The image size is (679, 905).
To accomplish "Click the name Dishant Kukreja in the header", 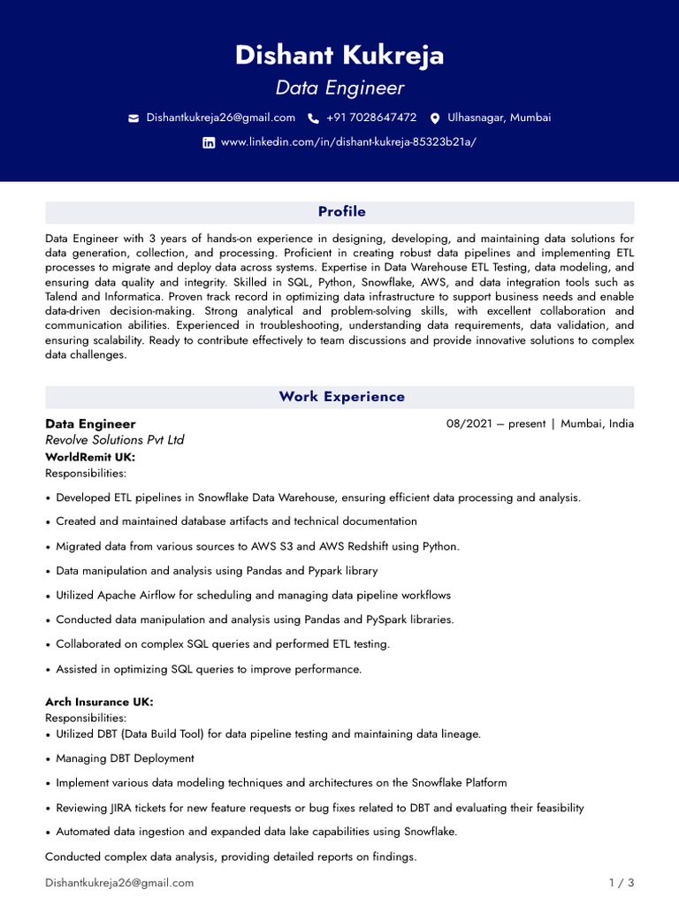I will pos(339,56).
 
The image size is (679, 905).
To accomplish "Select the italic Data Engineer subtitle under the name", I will pos(339,88).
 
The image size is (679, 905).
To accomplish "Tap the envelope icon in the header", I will pos(134,118).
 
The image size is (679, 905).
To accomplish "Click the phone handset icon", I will pos(313,118).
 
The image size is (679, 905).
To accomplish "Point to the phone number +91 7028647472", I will pos(371,118).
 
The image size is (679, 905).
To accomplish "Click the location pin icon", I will pos(435,118).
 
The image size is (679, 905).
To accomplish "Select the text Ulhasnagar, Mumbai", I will pos(499,118).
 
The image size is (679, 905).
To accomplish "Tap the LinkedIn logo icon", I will pos(209,142).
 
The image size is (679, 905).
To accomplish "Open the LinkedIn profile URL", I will pos(348,142).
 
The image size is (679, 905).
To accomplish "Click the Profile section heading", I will pos(341,212).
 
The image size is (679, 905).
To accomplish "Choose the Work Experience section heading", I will pos(341,397).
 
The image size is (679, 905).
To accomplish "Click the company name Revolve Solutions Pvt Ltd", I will pos(115,440).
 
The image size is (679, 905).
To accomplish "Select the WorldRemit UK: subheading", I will pos(90,457).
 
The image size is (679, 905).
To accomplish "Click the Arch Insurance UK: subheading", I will pos(99,702).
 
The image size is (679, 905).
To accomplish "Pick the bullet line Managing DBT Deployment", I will pos(125,758).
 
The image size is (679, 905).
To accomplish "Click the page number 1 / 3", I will pos(622,883).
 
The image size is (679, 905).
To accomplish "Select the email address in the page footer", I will pos(119,883).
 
